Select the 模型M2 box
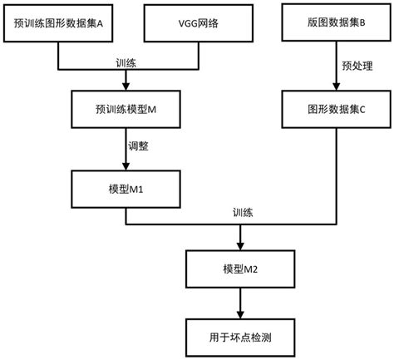click(x=240, y=269)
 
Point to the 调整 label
click(x=139, y=147)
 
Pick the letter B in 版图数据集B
click(x=362, y=25)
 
